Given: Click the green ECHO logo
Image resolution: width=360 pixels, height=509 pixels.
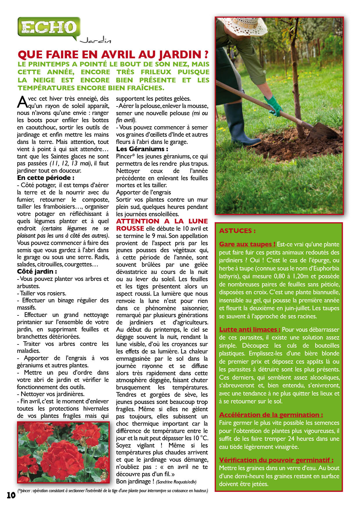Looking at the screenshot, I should tap(49, 27).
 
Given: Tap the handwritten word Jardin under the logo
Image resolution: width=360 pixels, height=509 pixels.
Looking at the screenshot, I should tap(96, 40).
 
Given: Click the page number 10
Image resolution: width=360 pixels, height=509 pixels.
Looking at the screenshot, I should tap(11, 495).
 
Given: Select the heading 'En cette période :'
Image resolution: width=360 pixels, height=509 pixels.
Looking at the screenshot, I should tap(46, 178).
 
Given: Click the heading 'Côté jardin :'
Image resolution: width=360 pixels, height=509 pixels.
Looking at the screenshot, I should tap(37, 272).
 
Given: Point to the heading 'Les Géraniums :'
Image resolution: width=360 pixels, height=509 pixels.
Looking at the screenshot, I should tap(142, 149).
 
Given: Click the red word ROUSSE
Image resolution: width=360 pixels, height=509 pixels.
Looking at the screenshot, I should tap(130, 229).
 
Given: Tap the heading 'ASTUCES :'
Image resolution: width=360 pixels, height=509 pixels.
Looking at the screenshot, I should tap(237, 231).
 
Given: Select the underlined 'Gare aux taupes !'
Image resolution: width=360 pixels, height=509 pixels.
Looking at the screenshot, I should tap(247, 244).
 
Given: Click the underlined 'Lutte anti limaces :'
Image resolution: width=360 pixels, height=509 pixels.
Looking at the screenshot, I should tap(250, 330).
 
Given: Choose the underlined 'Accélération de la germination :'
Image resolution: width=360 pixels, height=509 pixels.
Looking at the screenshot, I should tap(271, 415).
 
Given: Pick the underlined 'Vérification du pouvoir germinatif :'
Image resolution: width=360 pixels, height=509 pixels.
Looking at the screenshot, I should tap(276, 460).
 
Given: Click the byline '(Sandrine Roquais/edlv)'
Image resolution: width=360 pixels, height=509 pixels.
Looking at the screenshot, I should tap(176, 482).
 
